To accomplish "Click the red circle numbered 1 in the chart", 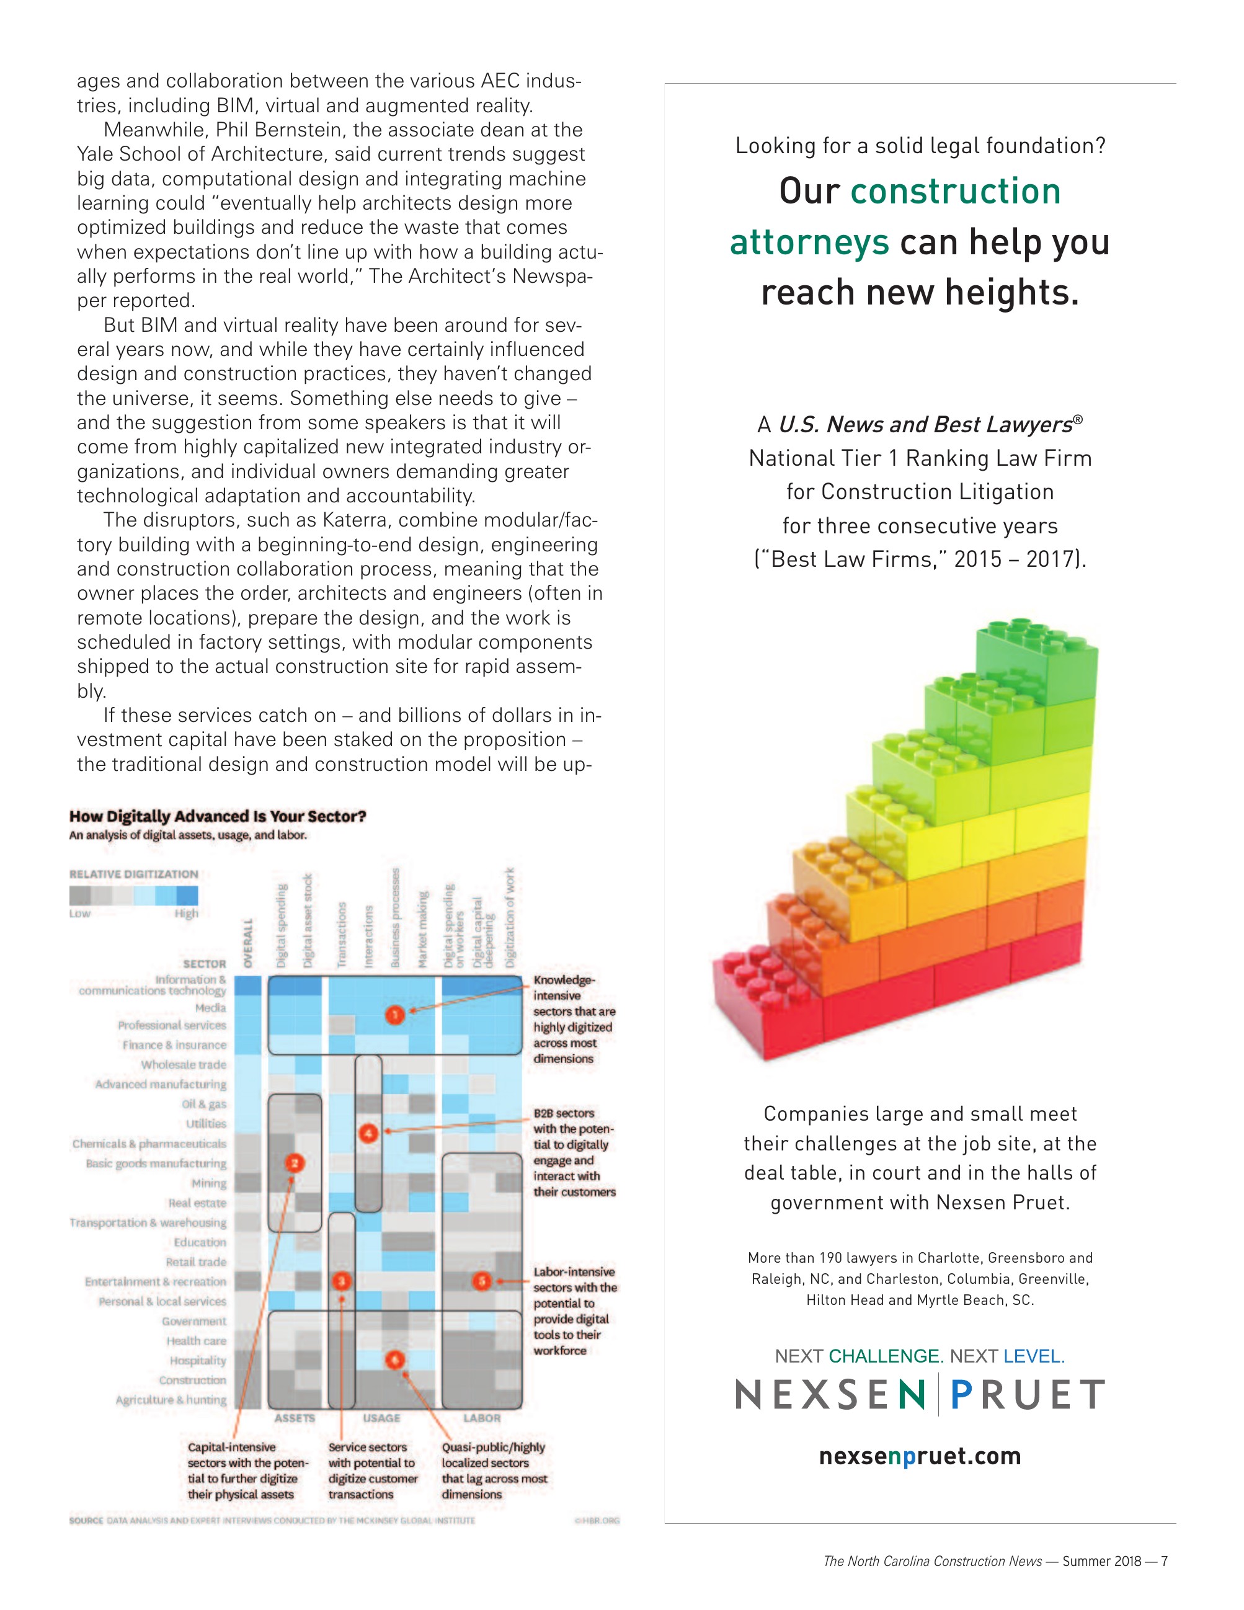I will tap(395, 1015).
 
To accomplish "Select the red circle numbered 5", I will tap(482, 1281).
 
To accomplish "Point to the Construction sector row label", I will tap(192, 1379).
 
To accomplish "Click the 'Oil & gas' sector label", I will tap(204, 1103).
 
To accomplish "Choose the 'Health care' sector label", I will tap(196, 1340).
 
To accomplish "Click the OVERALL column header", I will tap(248, 943).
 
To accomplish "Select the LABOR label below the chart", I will tap(482, 1418).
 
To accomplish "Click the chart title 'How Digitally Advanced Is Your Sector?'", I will tap(218, 816).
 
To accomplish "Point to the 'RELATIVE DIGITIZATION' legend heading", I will tap(133, 874).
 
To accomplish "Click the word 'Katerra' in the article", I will tap(357, 520).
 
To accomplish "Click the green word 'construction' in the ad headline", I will tap(955, 192).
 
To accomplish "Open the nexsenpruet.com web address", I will tap(920, 1456).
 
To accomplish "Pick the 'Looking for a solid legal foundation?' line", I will tap(920, 146).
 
